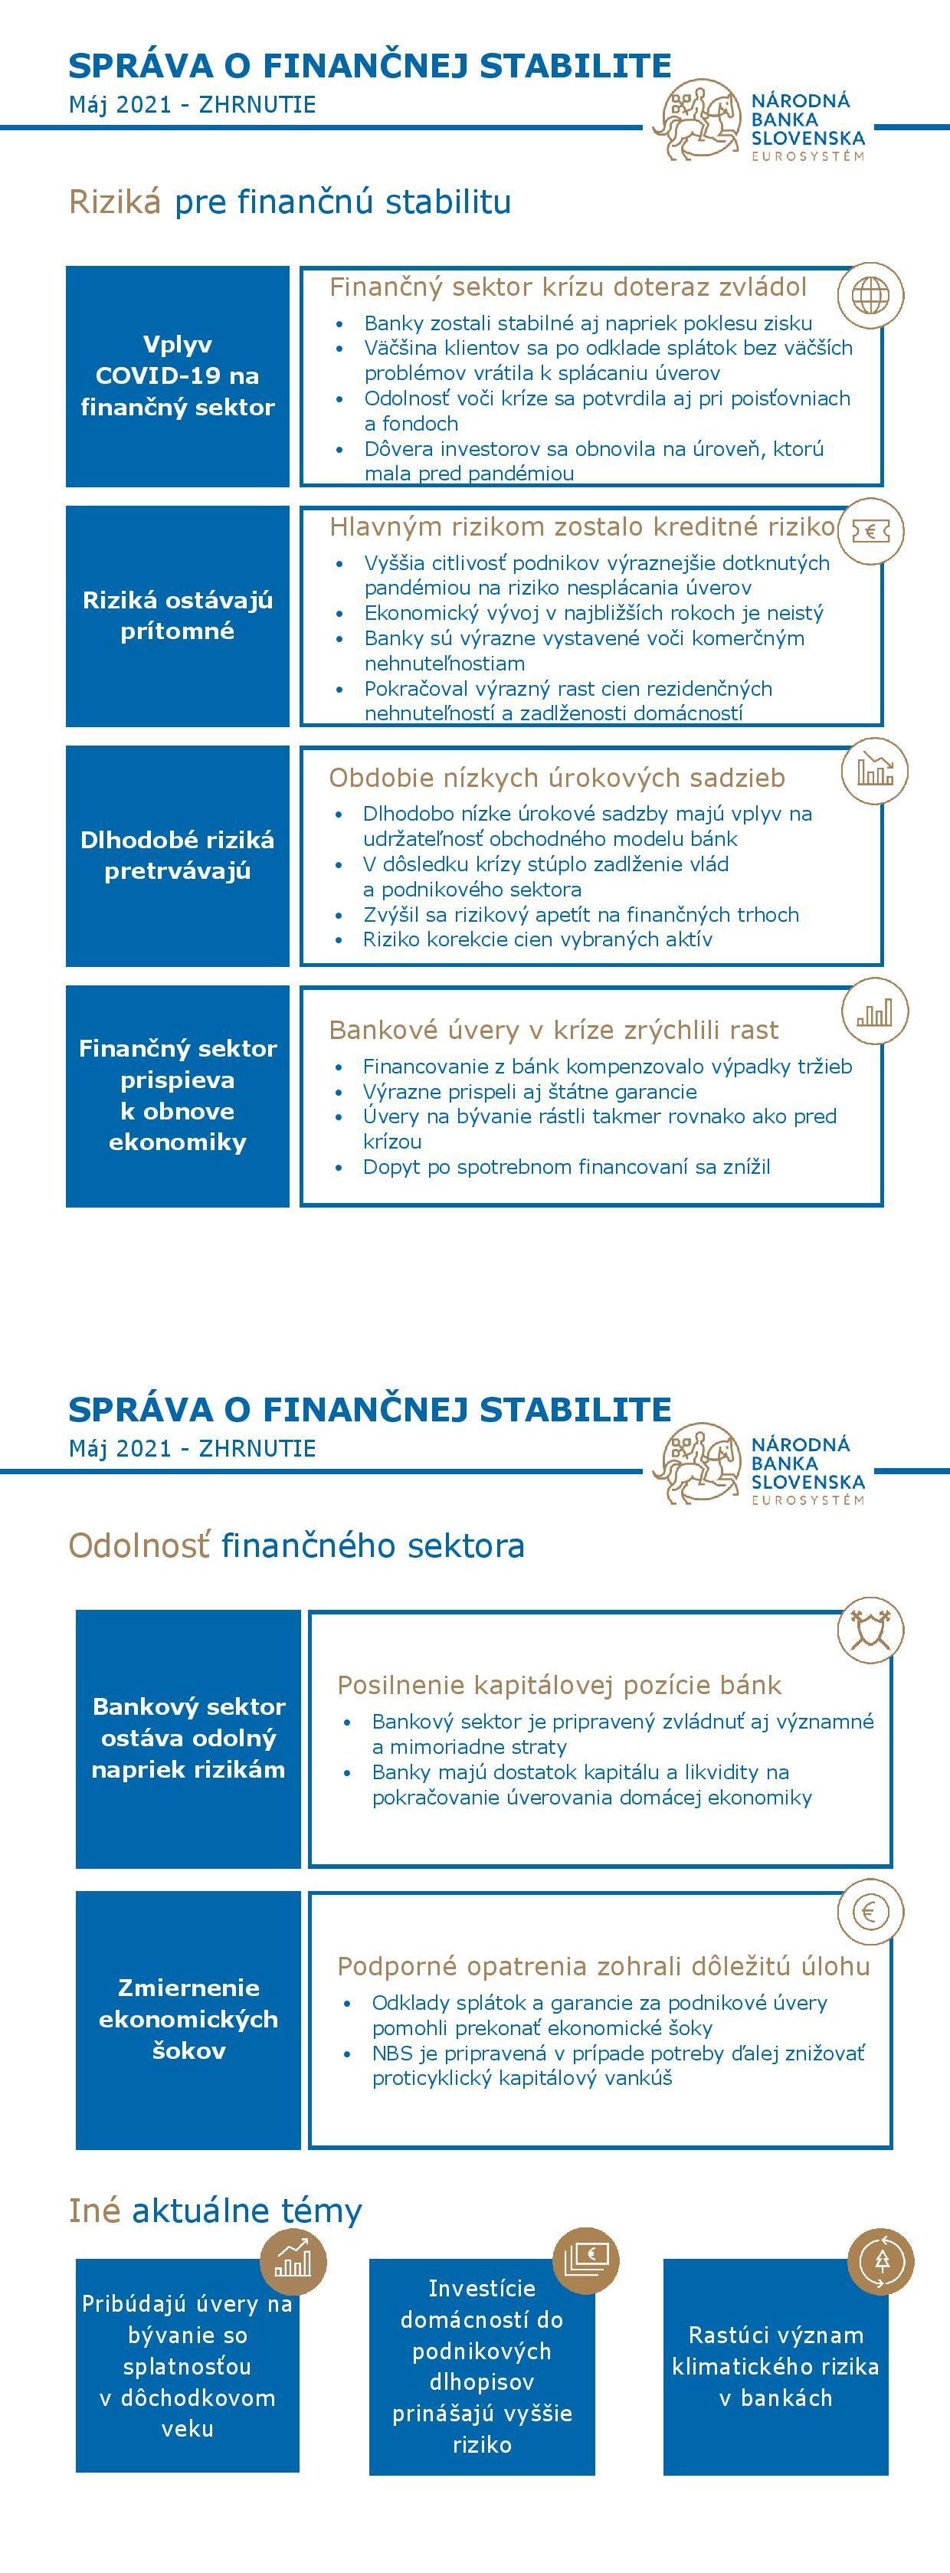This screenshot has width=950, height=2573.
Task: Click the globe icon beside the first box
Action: (869, 296)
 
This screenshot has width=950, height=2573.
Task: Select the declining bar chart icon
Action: (874, 770)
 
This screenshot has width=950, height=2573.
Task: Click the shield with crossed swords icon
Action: (869, 1629)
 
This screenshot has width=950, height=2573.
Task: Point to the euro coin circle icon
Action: (869, 1912)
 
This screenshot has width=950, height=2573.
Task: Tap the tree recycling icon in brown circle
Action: (880, 2260)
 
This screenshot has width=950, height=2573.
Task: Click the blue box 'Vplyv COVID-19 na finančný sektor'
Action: (178, 375)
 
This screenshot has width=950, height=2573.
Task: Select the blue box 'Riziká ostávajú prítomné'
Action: (178, 615)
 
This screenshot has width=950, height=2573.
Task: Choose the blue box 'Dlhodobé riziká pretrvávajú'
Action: (178, 855)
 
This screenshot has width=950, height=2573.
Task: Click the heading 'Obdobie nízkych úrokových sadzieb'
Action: (556, 777)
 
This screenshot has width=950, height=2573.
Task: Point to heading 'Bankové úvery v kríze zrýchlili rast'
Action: (553, 1030)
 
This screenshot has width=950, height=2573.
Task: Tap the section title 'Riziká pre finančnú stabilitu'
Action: (290, 202)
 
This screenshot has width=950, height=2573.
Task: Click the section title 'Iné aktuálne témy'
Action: (215, 2211)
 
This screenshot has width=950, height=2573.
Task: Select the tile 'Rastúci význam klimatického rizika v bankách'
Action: (775, 2366)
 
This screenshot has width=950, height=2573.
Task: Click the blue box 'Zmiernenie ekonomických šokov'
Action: (188, 2019)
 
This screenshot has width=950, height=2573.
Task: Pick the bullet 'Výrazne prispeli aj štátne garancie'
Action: (529, 1092)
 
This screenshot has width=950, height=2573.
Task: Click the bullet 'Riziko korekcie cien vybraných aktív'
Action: (537, 939)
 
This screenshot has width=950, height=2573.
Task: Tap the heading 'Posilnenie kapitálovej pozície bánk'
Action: (559, 1685)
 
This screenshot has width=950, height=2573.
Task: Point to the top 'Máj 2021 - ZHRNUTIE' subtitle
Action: (192, 105)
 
